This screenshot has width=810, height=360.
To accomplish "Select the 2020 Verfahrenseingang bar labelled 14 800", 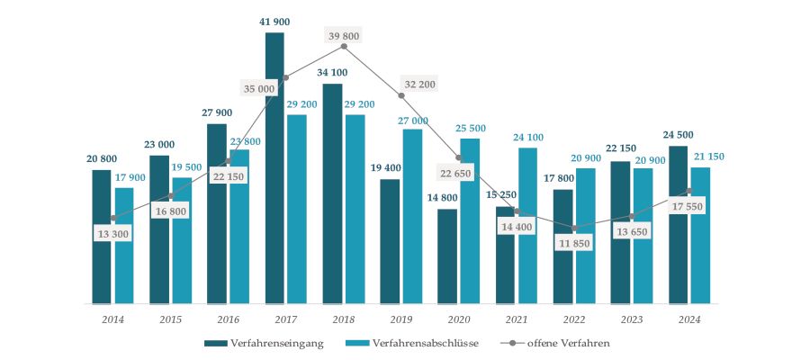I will click(447, 256).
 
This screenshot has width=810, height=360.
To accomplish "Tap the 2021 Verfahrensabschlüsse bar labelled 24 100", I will click(527, 225).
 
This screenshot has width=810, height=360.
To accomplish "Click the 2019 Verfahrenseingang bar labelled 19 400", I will click(390, 241).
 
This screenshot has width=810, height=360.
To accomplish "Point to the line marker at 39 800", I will click(344, 46).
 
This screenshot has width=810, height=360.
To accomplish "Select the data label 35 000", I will click(260, 88).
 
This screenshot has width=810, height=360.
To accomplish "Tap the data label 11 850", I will click(573, 244).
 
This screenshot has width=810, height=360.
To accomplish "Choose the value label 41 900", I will click(274, 21).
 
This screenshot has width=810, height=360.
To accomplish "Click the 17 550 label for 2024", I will click(686, 206).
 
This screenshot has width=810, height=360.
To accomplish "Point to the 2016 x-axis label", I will click(229, 319).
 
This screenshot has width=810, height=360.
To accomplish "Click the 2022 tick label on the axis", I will click(574, 319).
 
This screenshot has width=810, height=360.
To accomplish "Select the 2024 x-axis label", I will click(689, 319).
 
